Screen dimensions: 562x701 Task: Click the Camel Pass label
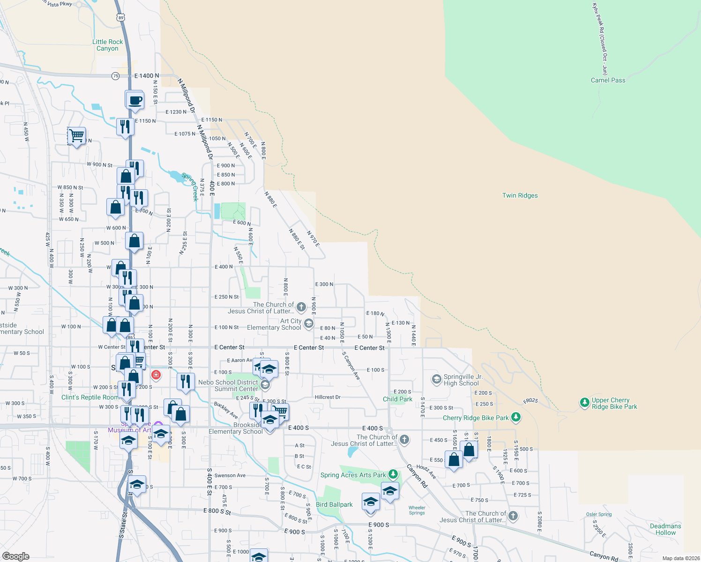coord(608,80)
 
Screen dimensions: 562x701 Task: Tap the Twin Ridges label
coord(520,195)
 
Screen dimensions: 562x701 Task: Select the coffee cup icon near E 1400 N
coord(134,100)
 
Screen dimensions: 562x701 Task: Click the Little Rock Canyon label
coord(107,45)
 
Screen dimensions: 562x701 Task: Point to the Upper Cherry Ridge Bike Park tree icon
coord(584,402)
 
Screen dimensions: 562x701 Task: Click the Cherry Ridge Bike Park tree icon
coord(516,417)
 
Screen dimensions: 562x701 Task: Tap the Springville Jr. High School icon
coord(437,379)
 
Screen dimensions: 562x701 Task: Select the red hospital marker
coord(156,375)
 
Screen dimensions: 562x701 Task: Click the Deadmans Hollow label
coord(665,529)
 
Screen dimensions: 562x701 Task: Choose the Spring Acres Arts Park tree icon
coord(393,474)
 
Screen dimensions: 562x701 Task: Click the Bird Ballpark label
coord(334,504)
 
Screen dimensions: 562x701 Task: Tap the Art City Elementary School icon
coord(309,323)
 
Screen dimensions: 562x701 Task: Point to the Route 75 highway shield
coord(115,76)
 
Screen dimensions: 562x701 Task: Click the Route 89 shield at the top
coord(121,18)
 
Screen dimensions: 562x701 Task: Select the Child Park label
coord(397,399)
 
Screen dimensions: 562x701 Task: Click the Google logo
coord(16,556)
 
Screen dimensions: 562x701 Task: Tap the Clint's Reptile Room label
coord(90,397)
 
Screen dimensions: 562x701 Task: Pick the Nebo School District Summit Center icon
coord(265,385)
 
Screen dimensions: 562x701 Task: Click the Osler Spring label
coord(598,514)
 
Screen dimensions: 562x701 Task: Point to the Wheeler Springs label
coord(417,510)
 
